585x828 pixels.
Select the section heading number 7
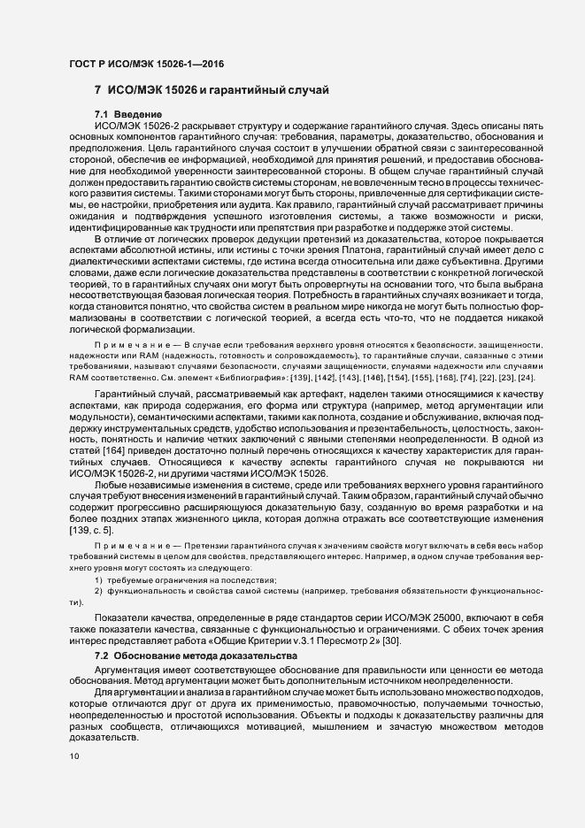(x=97, y=90)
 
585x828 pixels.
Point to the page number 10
(x=73, y=756)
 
